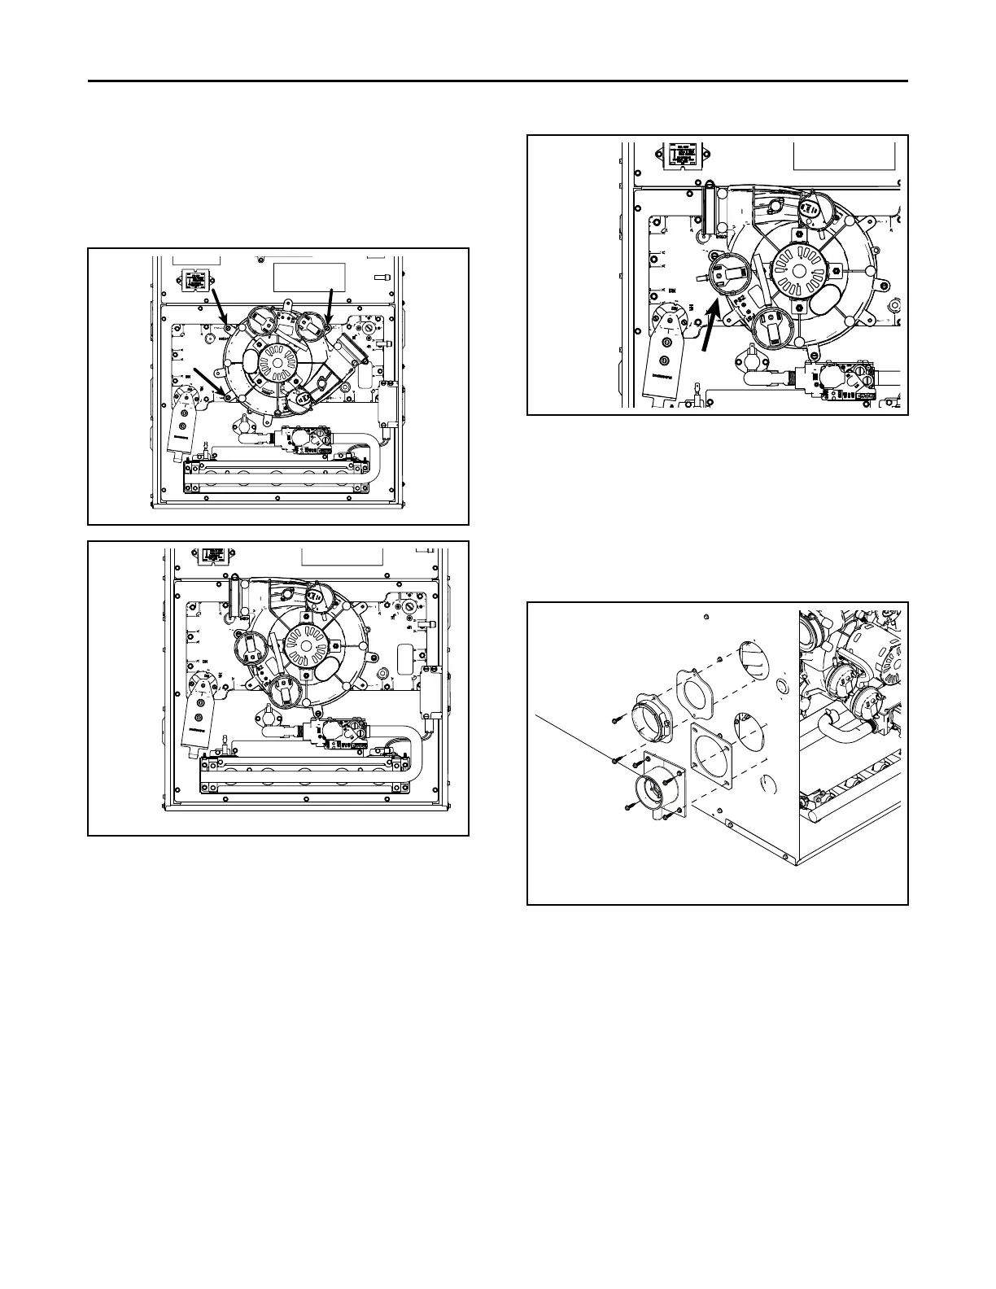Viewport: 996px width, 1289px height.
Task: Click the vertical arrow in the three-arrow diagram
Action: coord(329,307)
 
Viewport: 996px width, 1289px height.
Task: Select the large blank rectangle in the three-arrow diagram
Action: coord(309,277)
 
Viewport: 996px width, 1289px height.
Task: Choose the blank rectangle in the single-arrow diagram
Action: coord(843,157)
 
